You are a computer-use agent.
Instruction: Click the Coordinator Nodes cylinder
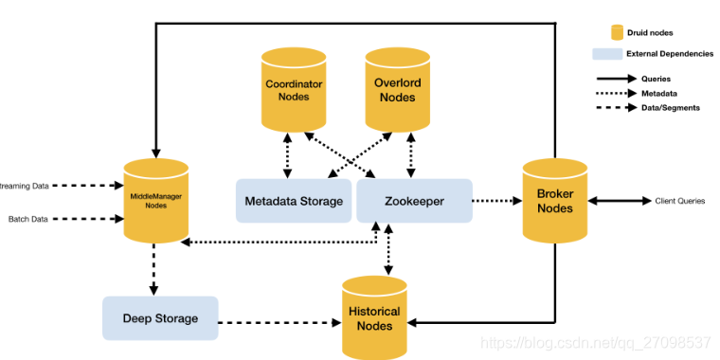point(294,90)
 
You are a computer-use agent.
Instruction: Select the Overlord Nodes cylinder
point(398,90)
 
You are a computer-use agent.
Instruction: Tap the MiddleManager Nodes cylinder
point(156,201)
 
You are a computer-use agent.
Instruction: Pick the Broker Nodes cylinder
point(555,201)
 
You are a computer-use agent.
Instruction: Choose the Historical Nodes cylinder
point(375,317)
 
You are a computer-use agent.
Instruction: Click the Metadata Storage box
point(294,201)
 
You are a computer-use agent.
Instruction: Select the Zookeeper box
point(415,201)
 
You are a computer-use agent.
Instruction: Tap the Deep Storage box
point(160,318)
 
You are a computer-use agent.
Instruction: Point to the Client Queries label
point(680,201)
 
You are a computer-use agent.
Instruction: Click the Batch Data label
point(28,219)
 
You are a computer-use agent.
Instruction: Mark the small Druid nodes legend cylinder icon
point(616,32)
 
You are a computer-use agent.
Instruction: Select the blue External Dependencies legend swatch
point(607,54)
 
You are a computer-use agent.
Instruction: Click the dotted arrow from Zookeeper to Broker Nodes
point(497,201)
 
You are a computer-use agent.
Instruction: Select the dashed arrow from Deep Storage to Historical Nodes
point(279,323)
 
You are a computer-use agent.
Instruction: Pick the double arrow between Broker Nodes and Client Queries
point(620,201)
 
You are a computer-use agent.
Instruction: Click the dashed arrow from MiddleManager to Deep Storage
point(153,270)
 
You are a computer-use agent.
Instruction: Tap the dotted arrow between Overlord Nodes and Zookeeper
point(410,155)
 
